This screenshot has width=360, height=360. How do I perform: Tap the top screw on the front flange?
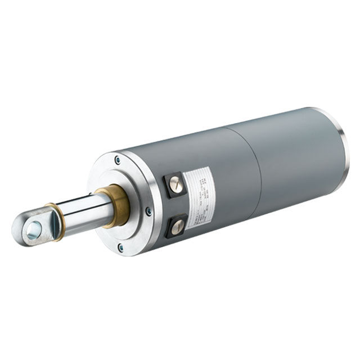[117, 160]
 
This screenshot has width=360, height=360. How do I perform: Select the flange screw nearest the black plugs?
[148, 211]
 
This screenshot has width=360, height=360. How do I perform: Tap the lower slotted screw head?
[177, 226]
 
